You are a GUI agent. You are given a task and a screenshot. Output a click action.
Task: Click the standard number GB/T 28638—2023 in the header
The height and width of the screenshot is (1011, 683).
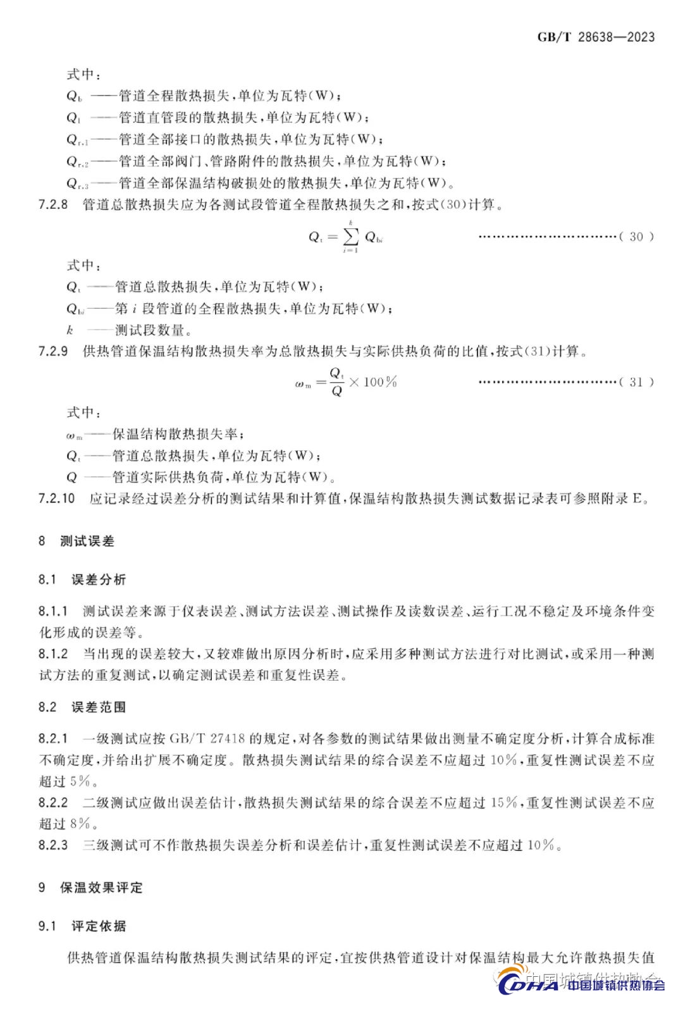(x=596, y=37)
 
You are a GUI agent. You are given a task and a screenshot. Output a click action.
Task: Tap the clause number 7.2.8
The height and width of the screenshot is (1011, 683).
(x=53, y=204)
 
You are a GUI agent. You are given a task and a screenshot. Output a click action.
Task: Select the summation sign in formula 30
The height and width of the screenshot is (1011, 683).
(x=350, y=237)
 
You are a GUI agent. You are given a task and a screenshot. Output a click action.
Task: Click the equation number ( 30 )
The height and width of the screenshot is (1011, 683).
(x=636, y=237)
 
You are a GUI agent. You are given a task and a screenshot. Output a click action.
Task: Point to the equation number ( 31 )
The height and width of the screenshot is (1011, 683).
(x=636, y=382)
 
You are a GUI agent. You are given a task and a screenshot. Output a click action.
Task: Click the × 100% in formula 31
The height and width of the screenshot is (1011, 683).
(x=373, y=382)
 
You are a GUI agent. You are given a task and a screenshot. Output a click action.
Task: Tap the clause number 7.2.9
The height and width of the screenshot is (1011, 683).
(x=53, y=351)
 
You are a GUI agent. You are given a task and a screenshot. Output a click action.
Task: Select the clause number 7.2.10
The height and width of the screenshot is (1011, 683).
(x=56, y=499)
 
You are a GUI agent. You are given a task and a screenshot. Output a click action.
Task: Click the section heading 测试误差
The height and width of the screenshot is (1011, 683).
(x=87, y=541)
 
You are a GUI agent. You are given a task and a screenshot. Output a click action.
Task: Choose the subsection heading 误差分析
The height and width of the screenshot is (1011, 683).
(x=99, y=580)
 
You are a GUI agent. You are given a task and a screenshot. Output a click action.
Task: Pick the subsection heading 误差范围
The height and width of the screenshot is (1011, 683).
(x=99, y=707)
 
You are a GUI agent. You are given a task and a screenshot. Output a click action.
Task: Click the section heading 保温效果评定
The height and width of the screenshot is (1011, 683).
(x=101, y=888)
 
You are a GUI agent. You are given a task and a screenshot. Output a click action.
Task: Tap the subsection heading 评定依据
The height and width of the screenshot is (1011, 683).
(x=99, y=926)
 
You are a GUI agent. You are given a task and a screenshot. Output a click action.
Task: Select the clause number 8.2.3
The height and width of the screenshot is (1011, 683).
(x=53, y=845)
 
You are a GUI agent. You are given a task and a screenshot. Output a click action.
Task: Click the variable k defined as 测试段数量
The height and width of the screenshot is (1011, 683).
(x=70, y=330)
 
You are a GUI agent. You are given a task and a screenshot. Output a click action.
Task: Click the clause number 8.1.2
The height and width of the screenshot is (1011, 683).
(x=53, y=654)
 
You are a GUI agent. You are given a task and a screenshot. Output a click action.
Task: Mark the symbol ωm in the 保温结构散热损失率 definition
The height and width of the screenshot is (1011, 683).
(x=74, y=435)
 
